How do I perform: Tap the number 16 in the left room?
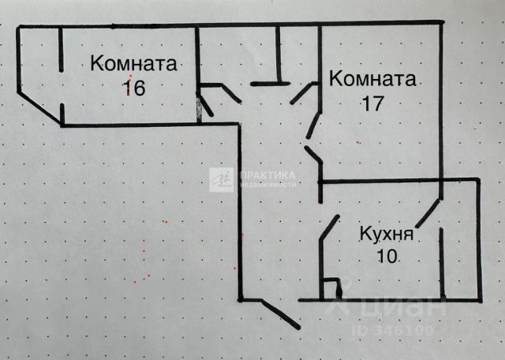tap(133, 87)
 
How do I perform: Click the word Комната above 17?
tap(372, 80)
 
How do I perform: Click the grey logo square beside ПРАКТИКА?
tap(221, 179)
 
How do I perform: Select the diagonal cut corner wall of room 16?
tap(39, 107)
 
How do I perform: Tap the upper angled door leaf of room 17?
tap(303, 94)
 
